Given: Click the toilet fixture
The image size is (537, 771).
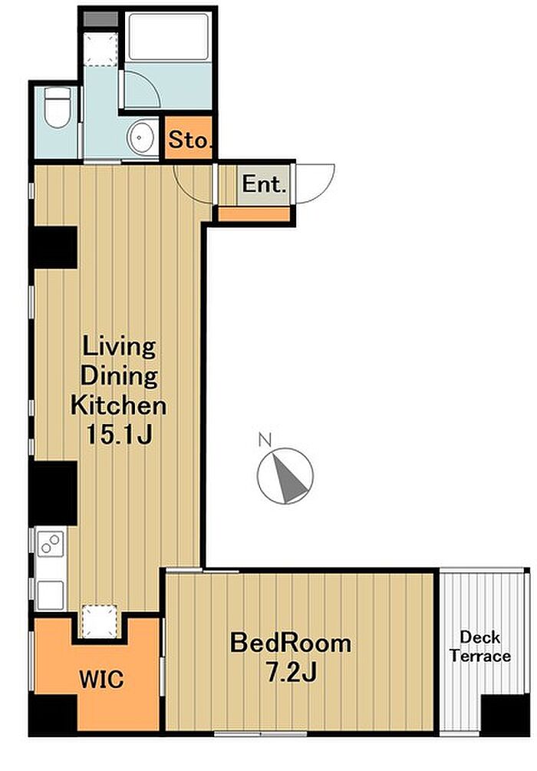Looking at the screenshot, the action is click(x=57, y=108).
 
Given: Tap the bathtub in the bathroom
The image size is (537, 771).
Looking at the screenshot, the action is click(x=166, y=38).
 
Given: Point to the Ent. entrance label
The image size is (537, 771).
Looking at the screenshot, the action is click(x=264, y=184).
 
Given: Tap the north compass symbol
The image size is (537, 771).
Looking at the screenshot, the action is click(x=285, y=475).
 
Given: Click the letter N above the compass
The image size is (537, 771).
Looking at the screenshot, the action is click(x=265, y=439).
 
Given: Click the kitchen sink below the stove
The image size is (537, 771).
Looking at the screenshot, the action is click(x=50, y=595).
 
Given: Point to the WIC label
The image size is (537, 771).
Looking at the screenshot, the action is click(x=101, y=680).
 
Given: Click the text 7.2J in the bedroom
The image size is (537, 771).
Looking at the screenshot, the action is click(x=291, y=672).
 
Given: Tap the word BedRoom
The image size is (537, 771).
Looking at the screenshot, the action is click(x=291, y=644).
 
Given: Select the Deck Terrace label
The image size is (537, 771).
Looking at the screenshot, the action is click(x=480, y=647).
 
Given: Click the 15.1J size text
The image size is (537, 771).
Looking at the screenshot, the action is click(x=120, y=434).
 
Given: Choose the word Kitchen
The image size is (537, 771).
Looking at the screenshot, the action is click(x=118, y=405).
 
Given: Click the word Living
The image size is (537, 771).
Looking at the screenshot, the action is click(x=119, y=348).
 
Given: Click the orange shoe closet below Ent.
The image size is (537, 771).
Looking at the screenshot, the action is click(x=253, y=214).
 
